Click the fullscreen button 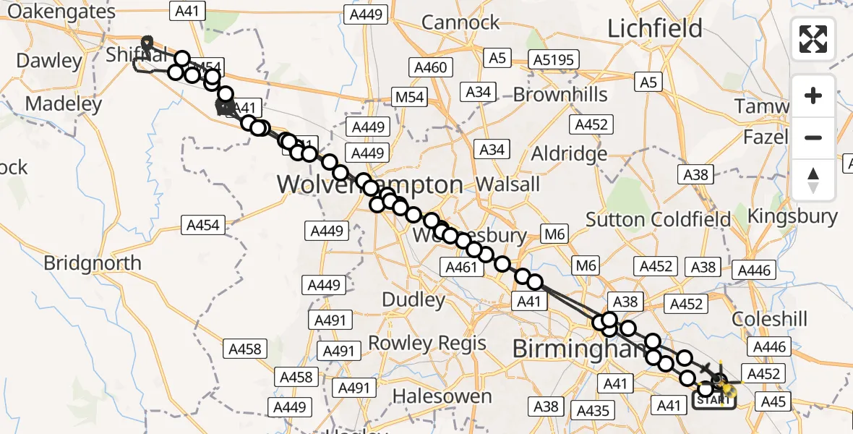click(x=813, y=39)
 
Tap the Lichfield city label click(x=655, y=29)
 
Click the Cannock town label click(x=460, y=22)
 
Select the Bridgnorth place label click(x=93, y=263)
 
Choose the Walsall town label click(x=509, y=184)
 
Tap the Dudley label click(x=413, y=299)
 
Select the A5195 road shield click(x=553, y=59)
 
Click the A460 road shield click(x=432, y=68)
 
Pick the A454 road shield click(x=202, y=226)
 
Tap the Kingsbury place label click(x=792, y=216)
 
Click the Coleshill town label click(x=769, y=319)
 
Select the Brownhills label click(x=561, y=95)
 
